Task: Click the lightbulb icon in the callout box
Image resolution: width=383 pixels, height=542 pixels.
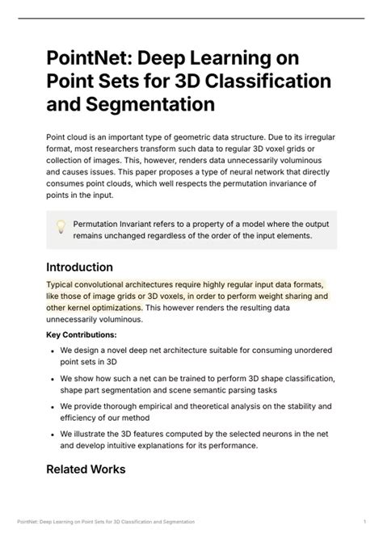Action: [60, 227]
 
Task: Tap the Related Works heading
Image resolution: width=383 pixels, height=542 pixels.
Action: [86, 468]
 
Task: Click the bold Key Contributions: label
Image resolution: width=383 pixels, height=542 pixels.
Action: [81, 334]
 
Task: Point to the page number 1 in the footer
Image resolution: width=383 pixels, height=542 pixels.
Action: [364, 520]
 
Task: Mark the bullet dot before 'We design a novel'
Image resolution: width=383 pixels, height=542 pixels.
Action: [52, 351]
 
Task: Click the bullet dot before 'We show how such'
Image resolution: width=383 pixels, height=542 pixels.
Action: [52, 379]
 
